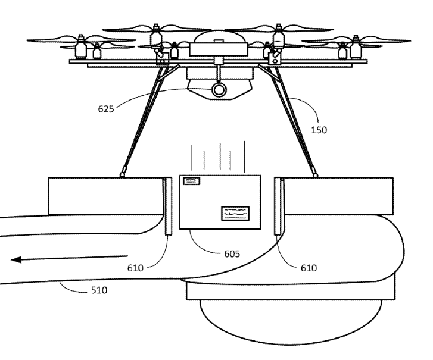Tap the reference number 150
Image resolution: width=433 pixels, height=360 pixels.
click(x=320, y=129)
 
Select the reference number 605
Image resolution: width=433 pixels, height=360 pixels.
click(x=232, y=254)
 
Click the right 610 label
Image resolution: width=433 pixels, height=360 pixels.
click(x=309, y=268)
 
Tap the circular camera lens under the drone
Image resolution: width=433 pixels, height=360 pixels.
click(x=219, y=90)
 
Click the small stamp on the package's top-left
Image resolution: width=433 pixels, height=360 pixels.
click(x=192, y=181)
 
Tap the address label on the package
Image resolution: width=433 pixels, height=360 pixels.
click(x=236, y=212)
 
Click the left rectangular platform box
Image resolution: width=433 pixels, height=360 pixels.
click(x=104, y=195)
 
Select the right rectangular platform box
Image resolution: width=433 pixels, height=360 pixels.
click(x=337, y=195)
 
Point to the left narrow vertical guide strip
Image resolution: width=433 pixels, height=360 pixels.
click(x=167, y=205)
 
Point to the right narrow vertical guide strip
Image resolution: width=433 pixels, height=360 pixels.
click(x=278, y=205)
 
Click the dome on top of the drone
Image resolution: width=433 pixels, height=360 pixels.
click(x=218, y=37)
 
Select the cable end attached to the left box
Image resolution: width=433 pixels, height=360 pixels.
click(x=122, y=174)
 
